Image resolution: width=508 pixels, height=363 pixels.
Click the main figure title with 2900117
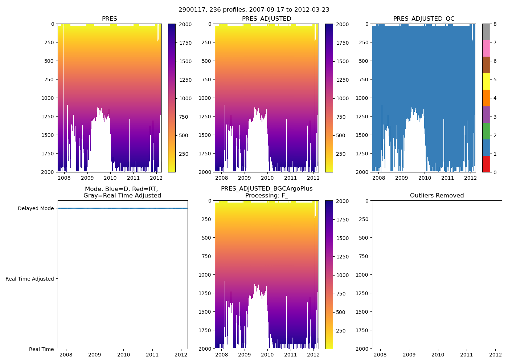(x=254, y=10)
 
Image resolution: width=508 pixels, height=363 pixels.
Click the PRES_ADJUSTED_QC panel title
(x=423, y=19)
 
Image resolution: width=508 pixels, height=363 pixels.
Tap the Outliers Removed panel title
(x=437, y=196)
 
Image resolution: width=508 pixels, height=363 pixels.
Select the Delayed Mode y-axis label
(x=36, y=208)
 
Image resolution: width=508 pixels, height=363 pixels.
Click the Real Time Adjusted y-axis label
(x=29, y=279)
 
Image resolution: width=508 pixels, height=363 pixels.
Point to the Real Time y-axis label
(x=41, y=349)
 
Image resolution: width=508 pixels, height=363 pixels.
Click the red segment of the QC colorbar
(x=486, y=164)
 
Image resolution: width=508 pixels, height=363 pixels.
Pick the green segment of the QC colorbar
(x=486, y=131)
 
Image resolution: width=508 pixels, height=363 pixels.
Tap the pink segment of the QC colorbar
(x=486, y=49)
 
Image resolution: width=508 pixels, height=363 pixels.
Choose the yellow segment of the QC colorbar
(x=486, y=82)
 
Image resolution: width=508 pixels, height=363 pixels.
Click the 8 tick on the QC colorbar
(x=494, y=24)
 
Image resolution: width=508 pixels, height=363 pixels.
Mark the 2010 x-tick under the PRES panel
(x=110, y=178)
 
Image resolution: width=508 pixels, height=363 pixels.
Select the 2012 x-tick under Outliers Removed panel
(x=495, y=355)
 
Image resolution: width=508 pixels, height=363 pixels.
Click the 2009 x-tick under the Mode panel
(x=95, y=355)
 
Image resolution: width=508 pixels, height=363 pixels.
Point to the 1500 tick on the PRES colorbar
(x=185, y=61)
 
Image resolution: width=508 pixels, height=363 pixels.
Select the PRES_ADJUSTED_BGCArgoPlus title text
(x=266, y=189)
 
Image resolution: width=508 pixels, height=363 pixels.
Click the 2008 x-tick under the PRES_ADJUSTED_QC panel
(x=378, y=178)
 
